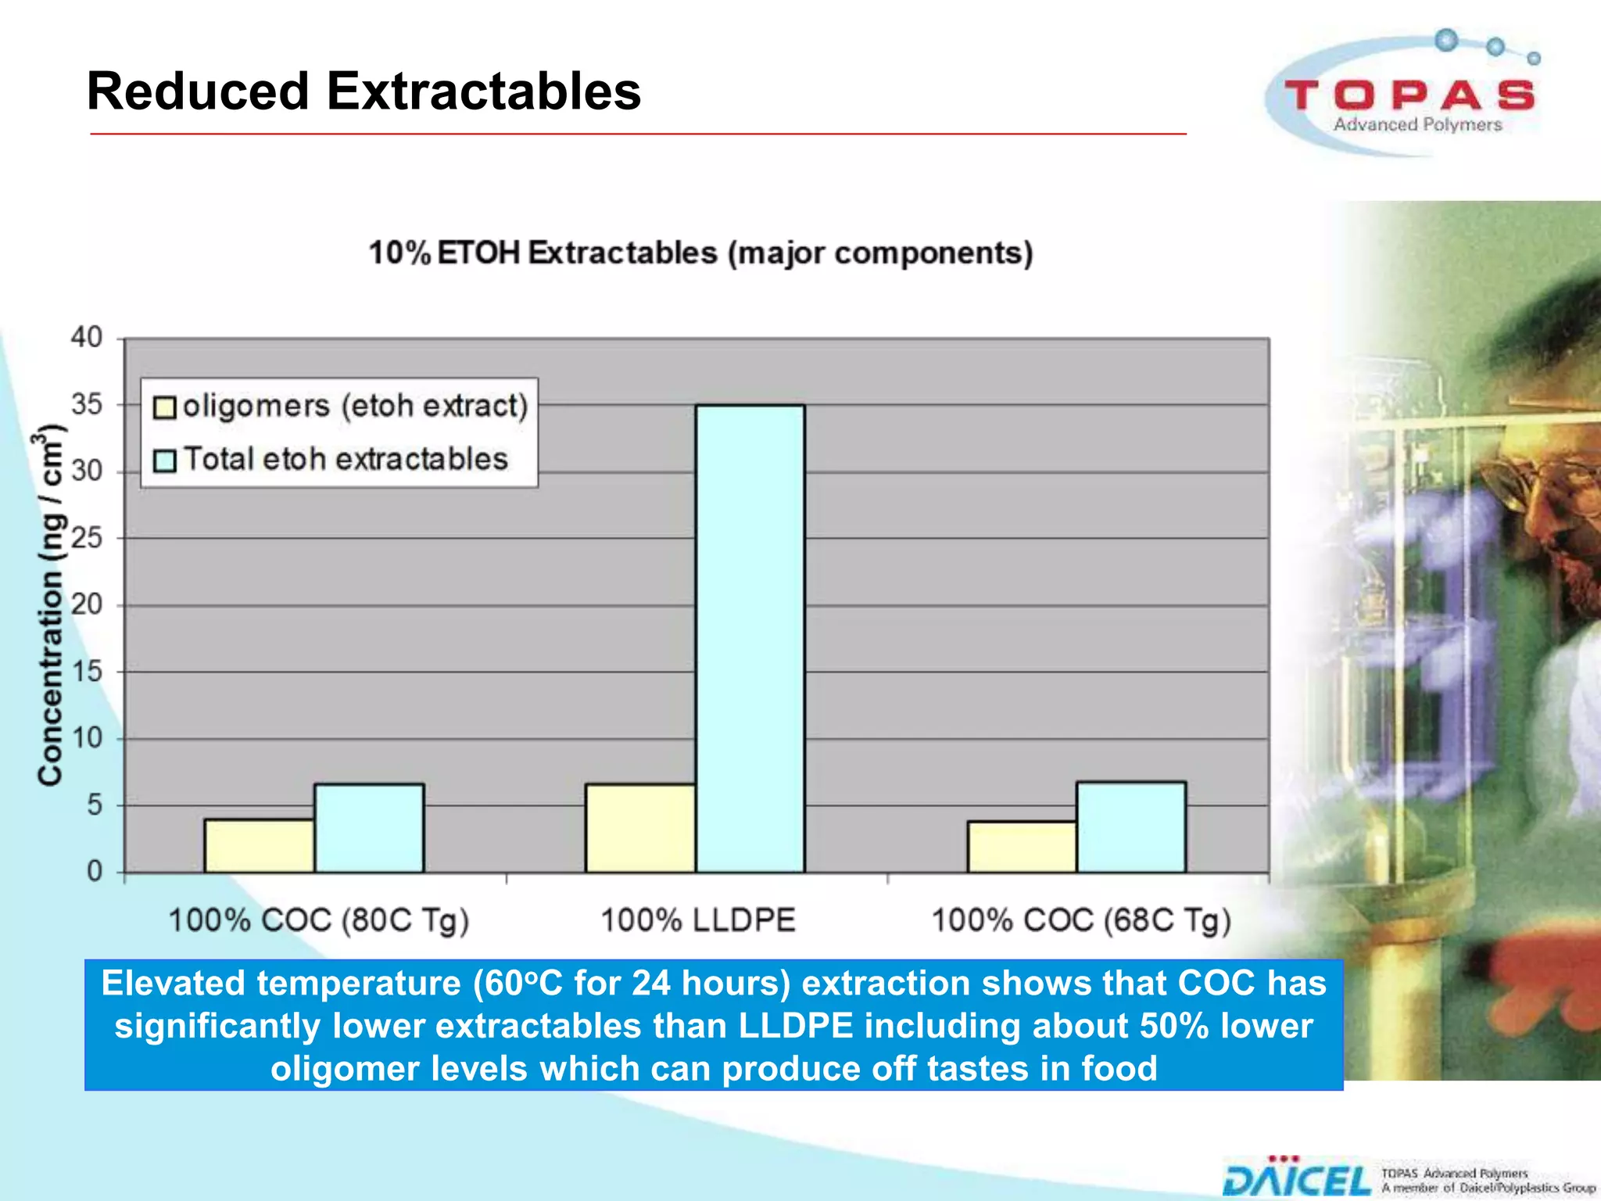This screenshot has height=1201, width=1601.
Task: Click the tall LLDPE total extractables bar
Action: (750, 637)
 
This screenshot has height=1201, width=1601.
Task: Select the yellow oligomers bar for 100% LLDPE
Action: (639, 828)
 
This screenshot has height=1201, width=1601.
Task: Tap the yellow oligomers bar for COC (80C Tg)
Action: (259, 845)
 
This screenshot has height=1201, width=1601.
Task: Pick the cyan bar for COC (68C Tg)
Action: (1130, 826)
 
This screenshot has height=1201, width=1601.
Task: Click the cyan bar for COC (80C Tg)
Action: (369, 828)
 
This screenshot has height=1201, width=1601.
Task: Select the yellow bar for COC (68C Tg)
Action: (1021, 847)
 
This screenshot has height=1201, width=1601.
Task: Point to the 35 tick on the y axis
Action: (87, 405)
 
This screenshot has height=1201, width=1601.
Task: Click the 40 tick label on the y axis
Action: (87, 338)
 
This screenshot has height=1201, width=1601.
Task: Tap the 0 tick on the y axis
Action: (94, 871)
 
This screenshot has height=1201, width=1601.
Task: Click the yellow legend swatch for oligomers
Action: (164, 408)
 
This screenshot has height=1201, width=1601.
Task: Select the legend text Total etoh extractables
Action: (346, 459)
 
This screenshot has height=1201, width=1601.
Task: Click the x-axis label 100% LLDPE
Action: (697, 920)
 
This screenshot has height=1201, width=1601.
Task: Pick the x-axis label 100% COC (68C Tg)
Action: (1080, 920)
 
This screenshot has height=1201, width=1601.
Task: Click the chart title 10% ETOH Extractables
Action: (700, 253)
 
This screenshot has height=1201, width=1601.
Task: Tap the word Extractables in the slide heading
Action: (483, 91)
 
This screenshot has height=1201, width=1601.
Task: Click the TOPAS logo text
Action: (1409, 95)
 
